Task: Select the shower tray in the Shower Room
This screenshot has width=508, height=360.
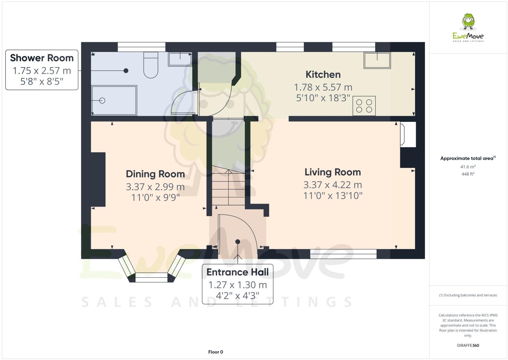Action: pos(114,100)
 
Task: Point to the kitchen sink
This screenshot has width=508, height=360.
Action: pos(377,60)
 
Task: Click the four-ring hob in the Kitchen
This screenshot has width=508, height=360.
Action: pos(364,106)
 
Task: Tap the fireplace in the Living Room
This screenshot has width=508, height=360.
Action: pos(408,134)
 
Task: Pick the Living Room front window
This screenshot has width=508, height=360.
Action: pos(343,254)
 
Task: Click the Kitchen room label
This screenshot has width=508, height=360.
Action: pos(323,74)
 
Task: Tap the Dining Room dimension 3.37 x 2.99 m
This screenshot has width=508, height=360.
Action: pos(155,187)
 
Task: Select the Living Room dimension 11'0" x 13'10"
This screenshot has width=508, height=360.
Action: pos(332,195)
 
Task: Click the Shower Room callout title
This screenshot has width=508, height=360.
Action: pos(42,58)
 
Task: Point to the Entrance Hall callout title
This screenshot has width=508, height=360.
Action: pos(237,272)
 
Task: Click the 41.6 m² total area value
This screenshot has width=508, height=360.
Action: pos(468,167)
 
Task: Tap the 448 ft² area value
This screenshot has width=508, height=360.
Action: pos(468,174)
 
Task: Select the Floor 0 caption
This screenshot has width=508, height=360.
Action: pos(215,352)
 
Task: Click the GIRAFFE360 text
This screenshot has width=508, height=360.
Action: pos(468,345)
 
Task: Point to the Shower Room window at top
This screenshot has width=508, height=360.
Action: pos(141,47)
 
